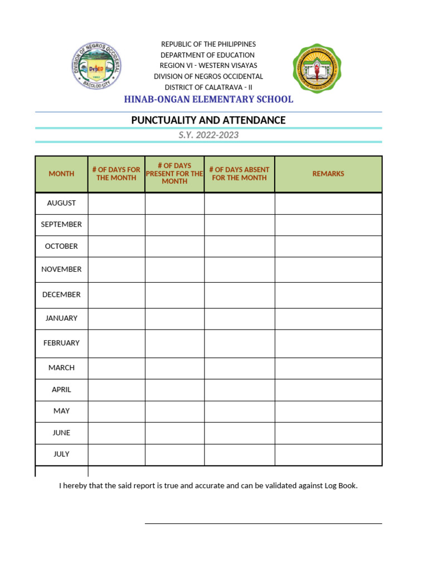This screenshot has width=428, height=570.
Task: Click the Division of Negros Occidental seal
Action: point(97,67)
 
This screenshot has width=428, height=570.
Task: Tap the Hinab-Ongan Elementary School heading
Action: point(208,100)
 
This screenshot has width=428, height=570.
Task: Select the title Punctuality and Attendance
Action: point(208,120)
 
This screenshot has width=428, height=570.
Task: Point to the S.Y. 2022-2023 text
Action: point(208,135)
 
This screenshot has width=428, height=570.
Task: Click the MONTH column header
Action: point(61,174)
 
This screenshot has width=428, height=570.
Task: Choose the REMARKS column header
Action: point(328,174)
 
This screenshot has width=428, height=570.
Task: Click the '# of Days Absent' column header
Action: point(239,174)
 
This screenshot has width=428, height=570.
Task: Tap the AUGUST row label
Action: point(61,203)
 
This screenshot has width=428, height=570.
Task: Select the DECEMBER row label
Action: point(61,294)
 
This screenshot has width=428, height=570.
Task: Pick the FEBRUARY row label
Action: point(61,343)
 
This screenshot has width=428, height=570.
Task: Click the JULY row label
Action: point(61,454)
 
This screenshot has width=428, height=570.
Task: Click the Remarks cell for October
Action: point(328,246)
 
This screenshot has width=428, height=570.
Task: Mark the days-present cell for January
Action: point(174,318)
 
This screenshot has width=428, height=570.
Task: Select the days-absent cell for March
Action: point(239,368)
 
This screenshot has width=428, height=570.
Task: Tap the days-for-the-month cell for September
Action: point(116,225)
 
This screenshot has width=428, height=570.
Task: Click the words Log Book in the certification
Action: point(340,486)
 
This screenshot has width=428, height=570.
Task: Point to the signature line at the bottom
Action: point(263,523)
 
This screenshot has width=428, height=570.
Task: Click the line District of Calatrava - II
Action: point(208,87)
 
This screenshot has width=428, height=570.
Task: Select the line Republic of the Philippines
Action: point(208,44)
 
